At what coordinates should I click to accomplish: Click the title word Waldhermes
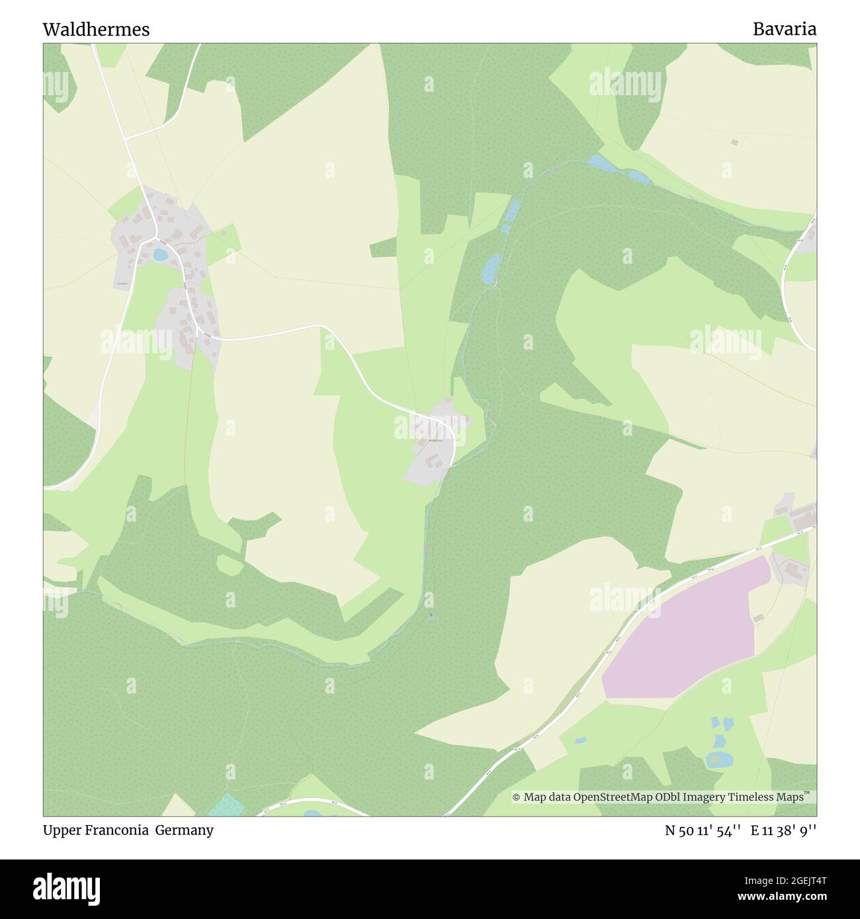(x=96, y=29)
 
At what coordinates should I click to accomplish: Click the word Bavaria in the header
(x=784, y=29)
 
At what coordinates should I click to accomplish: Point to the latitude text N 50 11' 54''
(x=704, y=830)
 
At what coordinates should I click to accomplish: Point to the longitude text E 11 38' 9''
(x=783, y=830)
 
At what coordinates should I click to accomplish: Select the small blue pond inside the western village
(x=159, y=254)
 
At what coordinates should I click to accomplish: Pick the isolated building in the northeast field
(x=734, y=142)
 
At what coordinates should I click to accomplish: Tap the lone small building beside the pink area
(x=758, y=618)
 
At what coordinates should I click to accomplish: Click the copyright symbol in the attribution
(x=517, y=797)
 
